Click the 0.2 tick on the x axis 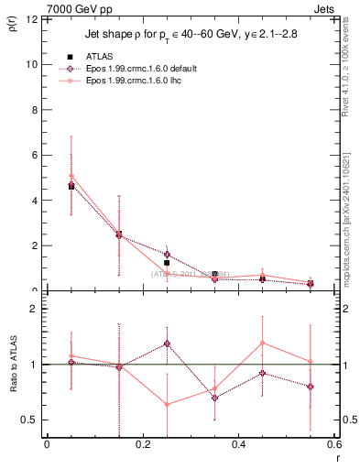[142, 446]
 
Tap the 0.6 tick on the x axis [333, 446]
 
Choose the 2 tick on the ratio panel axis [34, 309]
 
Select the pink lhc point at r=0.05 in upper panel [71, 176]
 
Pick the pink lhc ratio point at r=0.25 [167, 404]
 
